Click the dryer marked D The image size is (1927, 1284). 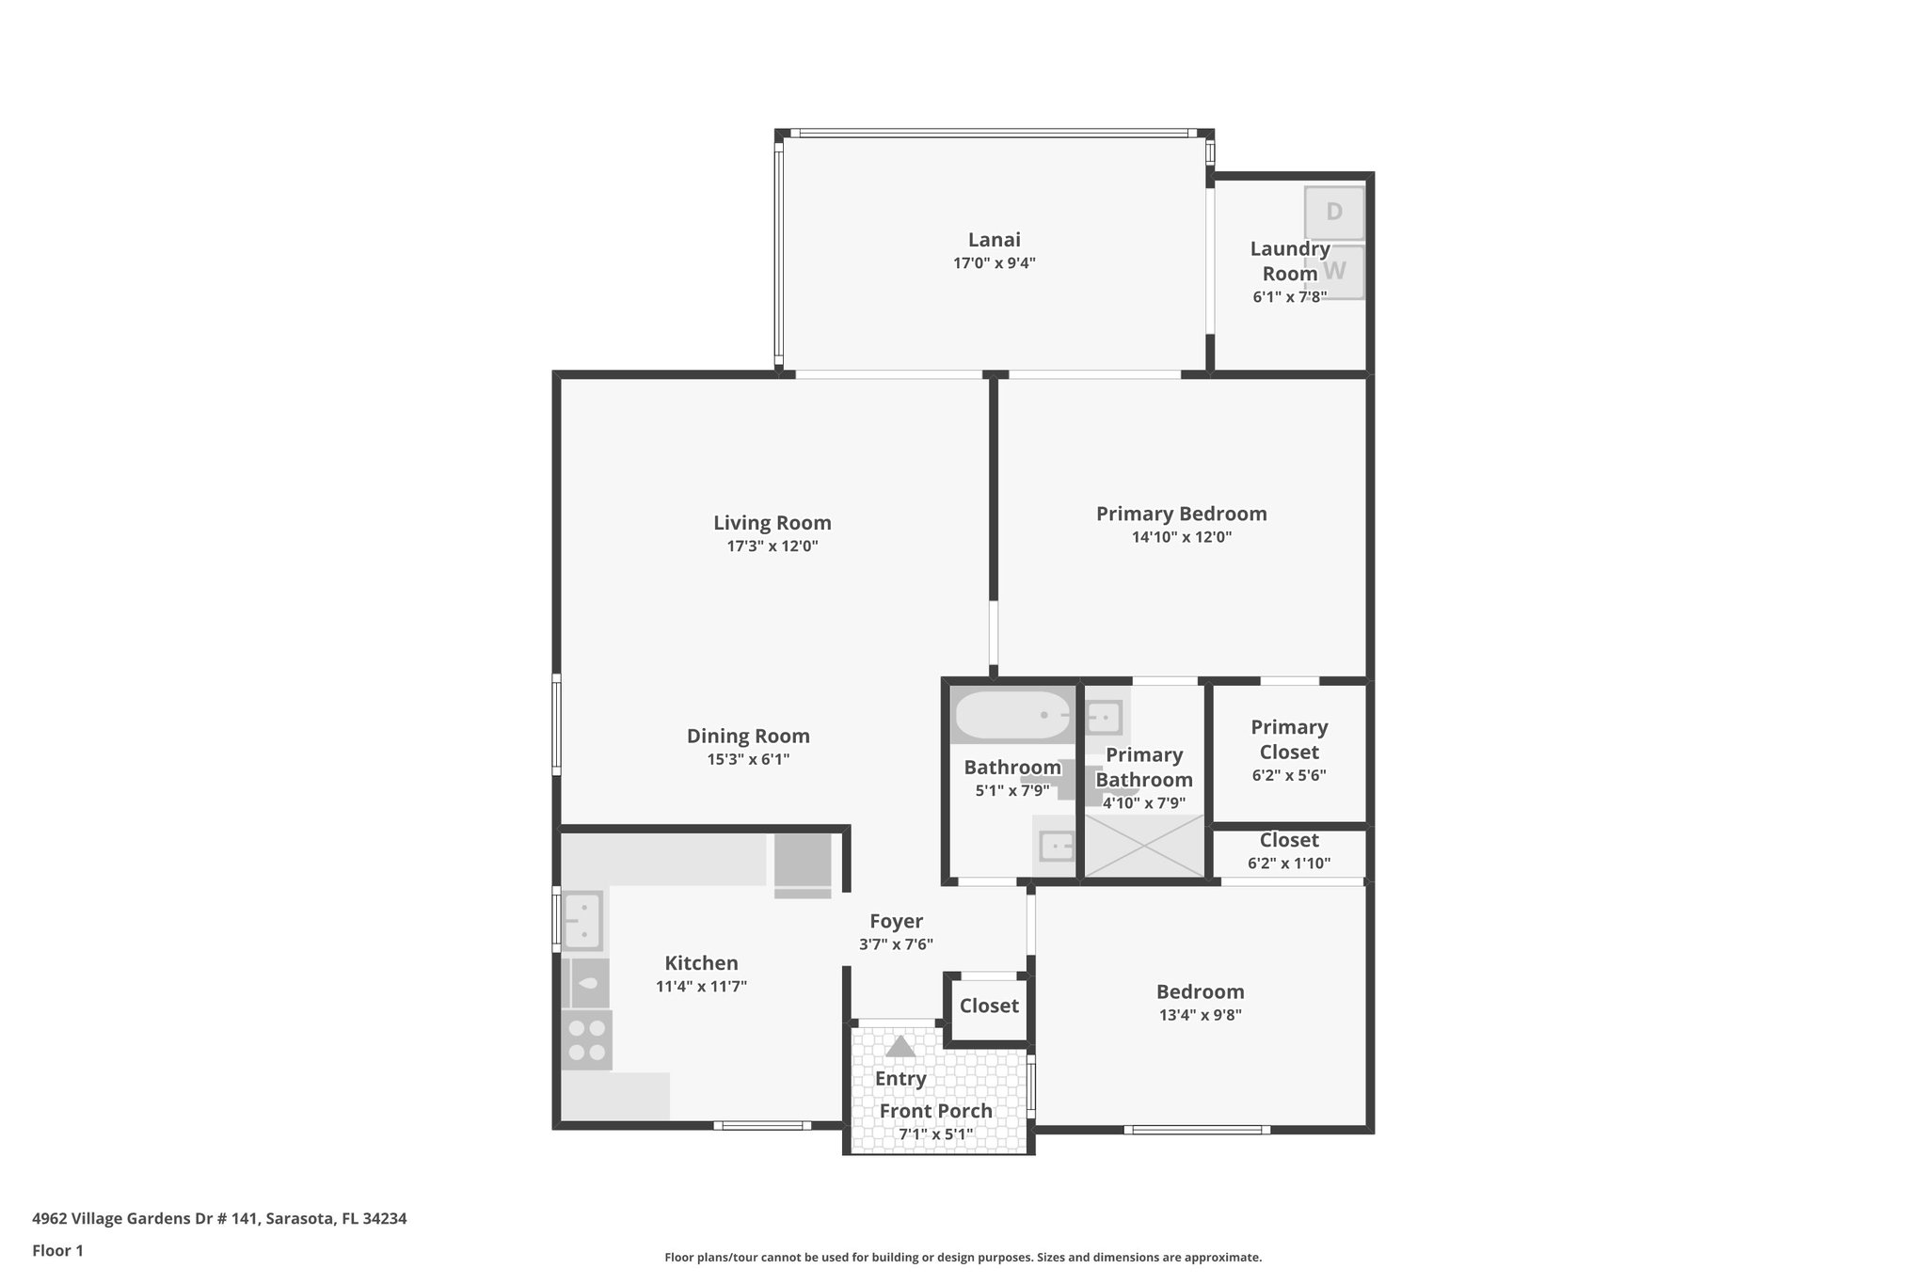(1333, 213)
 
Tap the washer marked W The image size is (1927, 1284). (1335, 272)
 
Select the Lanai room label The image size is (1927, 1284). (994, 240)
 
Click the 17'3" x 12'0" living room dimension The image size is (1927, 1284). (772, 547)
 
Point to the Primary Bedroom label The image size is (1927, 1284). (1181, 514)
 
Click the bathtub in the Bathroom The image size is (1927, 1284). (1011, 716)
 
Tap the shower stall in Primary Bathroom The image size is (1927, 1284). (1144, 847)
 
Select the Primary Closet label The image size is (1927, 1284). (1288, 739)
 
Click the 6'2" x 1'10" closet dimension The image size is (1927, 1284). (1288, 864)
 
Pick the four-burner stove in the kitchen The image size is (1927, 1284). (586, 1040)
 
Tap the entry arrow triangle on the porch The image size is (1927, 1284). (900, 1047)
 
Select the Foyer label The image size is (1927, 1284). (896, 922)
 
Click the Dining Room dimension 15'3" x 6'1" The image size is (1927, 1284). (748, 760)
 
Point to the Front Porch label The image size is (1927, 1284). (935, 1111)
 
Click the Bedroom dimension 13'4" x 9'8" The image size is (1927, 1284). (1200, 1016)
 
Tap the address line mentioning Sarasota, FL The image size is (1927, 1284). (219, 1219)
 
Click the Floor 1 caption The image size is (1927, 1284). (57, 1251)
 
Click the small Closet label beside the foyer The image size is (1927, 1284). (989, 1007)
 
